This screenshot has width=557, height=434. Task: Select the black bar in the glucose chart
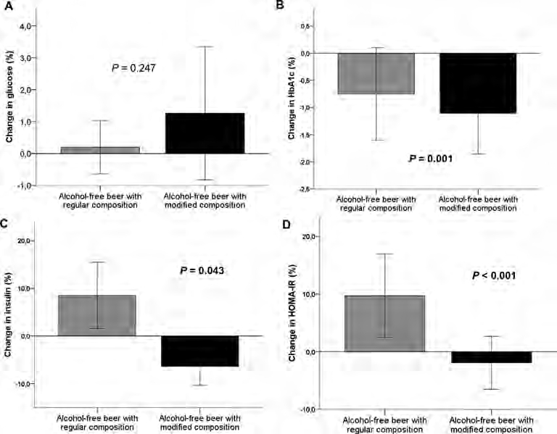click(x=205, y=133)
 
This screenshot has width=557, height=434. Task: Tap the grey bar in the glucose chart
click(x=100, y=150)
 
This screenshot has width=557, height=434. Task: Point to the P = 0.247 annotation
click(x=134, y=68)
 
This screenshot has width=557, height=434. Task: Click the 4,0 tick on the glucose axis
click(x=26, y=26)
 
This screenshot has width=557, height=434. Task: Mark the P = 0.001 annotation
click(x=430, y=157)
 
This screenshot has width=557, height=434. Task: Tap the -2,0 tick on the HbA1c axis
click(x=305, y=162)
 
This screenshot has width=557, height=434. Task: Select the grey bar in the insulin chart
click(x=97, y=315)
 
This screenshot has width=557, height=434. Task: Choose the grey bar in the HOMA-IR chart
click(x=385, y=323)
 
